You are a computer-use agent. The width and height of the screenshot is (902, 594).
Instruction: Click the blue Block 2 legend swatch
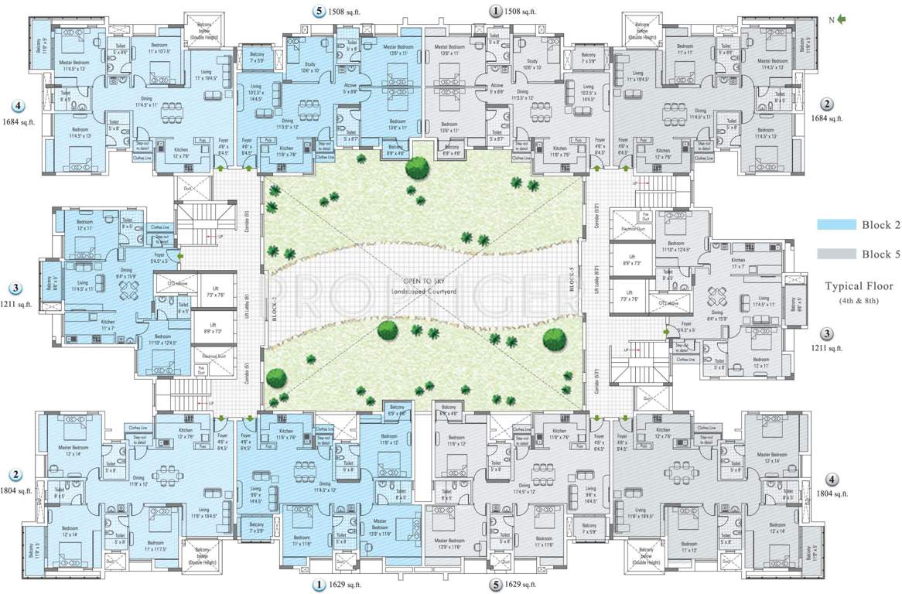[836, 225]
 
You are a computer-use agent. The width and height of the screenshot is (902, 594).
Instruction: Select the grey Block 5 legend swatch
[836, 254]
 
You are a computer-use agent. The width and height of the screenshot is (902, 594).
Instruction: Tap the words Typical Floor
[858, 286]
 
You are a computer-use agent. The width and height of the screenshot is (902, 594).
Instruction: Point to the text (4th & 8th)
[859, 300]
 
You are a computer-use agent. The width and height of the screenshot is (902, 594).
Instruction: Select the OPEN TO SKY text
[422, 281]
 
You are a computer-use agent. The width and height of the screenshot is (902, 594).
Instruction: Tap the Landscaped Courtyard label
[422, 290]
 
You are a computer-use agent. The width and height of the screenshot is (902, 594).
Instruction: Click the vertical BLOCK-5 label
[573, 288]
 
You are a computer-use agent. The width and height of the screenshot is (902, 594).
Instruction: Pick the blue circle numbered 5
[319, 11]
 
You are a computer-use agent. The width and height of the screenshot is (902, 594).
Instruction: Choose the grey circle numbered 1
[494, 11]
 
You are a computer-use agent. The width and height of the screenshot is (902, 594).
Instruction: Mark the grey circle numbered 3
[827, 334]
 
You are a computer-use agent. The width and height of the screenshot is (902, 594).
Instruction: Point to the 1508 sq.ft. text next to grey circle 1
[519, 12]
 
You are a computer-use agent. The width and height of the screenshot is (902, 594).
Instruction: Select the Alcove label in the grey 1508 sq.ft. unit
[497, 87]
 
